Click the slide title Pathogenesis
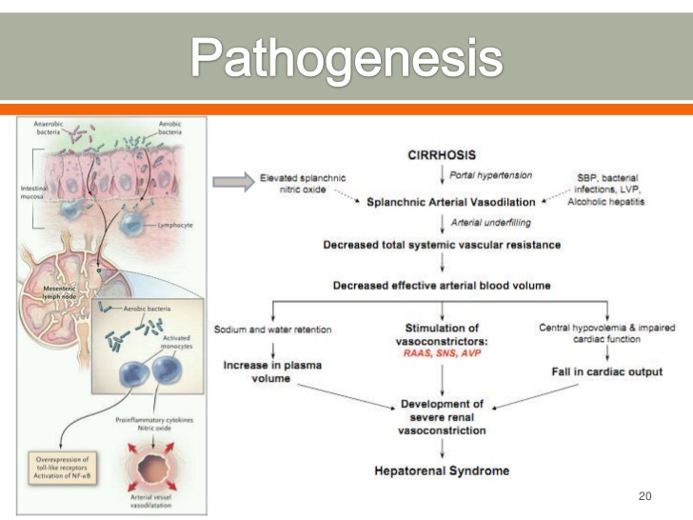point(346,58)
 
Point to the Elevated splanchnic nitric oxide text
point(303,185)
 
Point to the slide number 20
point(646,496)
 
